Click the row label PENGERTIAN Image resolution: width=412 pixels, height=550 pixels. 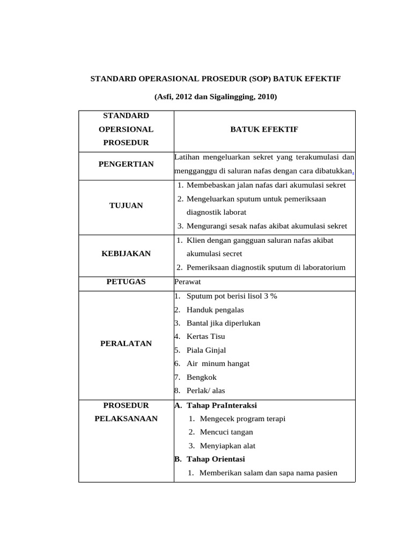[x=126, y=164]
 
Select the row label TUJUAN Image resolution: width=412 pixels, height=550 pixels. [x=126, y=206]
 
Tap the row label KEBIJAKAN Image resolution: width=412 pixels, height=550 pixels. [x=126, y=254]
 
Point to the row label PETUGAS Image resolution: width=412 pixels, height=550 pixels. [x=126, y=281]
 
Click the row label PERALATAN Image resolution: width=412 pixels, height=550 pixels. [x=126, y=343]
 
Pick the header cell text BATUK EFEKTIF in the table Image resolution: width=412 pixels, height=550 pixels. [x=264, y=129]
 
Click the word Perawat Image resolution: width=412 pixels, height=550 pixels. [x=187, y=281]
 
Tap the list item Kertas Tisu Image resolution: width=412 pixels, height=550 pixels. [x=205, y=336]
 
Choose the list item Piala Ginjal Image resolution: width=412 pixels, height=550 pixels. [x=206, y=350]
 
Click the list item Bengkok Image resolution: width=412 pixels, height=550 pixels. [x=202, y=377]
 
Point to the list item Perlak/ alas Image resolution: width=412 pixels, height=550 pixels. [x=205, y=391]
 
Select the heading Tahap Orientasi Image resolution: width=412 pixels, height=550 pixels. [x=216, y=459]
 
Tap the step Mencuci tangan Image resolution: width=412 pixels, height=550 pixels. [x=226, y=432]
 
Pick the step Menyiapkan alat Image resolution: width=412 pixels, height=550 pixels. [x=227, y=446]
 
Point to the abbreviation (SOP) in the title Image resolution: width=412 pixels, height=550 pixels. [x=260, y=79]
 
